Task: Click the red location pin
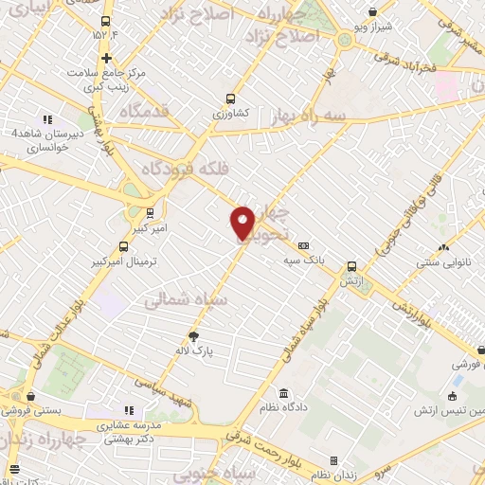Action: (x=242, y=223)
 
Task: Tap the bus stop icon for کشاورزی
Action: (x=230, y=98)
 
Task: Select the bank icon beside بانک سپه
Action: (x=303, y=244)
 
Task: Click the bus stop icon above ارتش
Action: (x=351, y=267)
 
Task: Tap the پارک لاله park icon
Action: (x=194, y=335)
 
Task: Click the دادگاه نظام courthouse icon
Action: (x=282, y=393)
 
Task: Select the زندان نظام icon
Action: (x=331, y=461)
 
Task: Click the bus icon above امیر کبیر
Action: (x=150, y=212)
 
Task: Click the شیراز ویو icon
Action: (x=374, y=12)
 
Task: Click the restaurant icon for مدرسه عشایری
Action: (x=130, y=409)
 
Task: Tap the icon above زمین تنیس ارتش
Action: (x=453, y=396)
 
